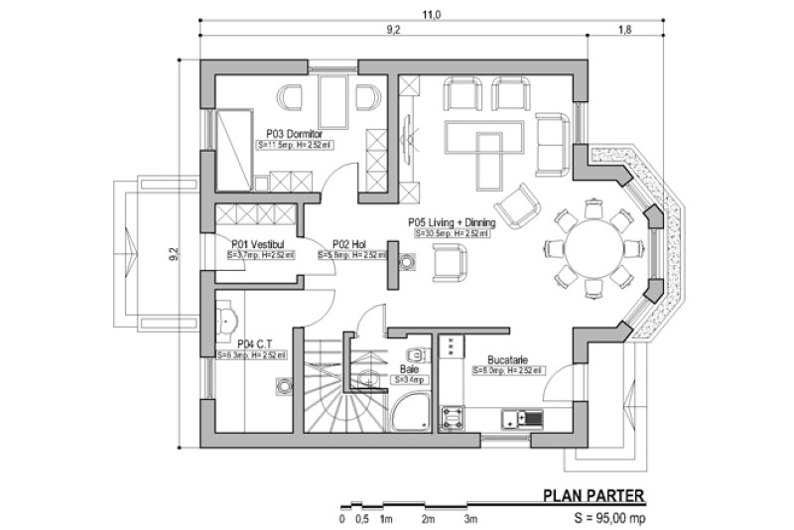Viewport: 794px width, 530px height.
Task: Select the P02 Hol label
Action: click(x=351, y=243)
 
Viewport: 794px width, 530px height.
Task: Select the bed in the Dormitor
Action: click(x=230, y=149)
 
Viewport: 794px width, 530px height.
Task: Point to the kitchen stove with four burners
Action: click(x=454, y=417)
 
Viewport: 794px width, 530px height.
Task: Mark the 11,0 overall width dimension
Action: click(x=430, y=14)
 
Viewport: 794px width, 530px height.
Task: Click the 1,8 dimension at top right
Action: click(x=625, y=31)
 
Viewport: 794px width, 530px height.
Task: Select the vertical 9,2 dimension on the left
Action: click(x=174, y=253)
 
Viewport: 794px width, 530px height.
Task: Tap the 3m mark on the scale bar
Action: click(x=470, y=518)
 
